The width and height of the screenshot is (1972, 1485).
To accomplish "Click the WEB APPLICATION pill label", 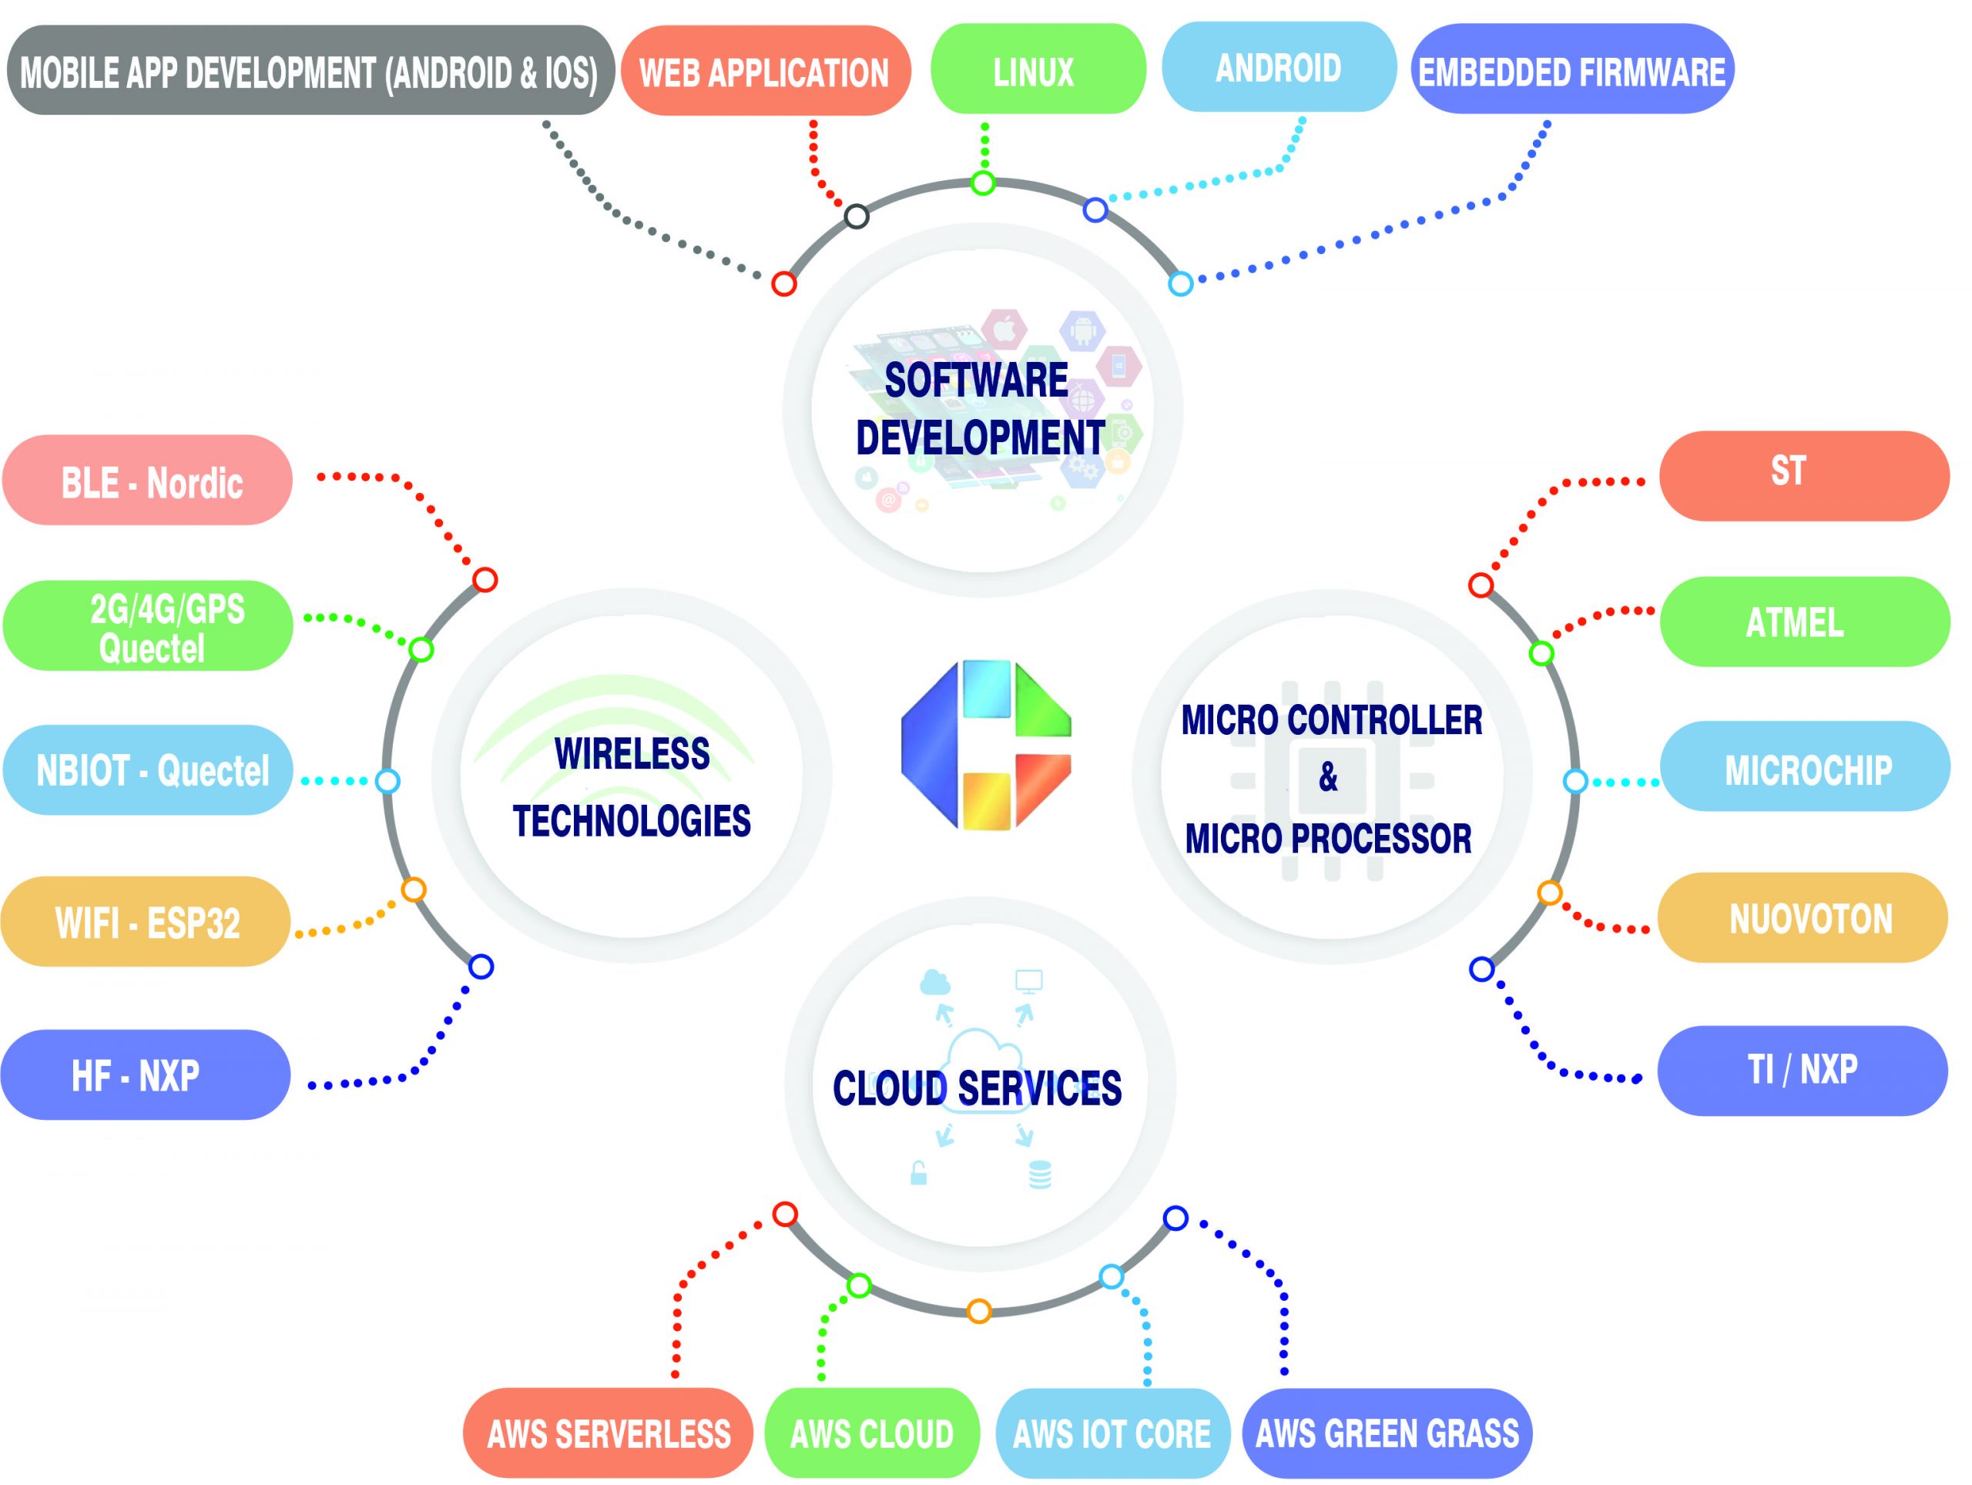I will pyautogui.click(x=765, y=72).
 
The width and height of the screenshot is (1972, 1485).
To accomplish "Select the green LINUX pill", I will pyautogui.click(x=1037, y=69).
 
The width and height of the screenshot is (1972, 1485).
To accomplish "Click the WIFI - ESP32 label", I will pyautogui.click(x=146, y=922).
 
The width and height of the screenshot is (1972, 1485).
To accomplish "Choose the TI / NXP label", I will pyautogui.click(x=1802, y=1069).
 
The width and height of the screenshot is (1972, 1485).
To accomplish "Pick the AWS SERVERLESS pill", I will pyautogui.click(x=608, y=1433).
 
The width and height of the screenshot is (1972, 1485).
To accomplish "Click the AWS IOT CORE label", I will pyautogui.click(x=1112, y=1433).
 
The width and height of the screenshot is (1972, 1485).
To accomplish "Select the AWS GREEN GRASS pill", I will pyautogui.click(x=1387, y=1433).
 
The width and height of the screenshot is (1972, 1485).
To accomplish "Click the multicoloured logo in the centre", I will pyautogui.click(x=985, y=745).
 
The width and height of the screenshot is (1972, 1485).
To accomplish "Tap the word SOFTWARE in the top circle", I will pyautogui.click(x=976, y=380).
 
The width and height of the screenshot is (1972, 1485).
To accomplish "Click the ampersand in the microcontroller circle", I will pyautogui.click(x=1328, y=777).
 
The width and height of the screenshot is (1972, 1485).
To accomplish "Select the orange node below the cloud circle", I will pyautogui.click(x=979, y=1311).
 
